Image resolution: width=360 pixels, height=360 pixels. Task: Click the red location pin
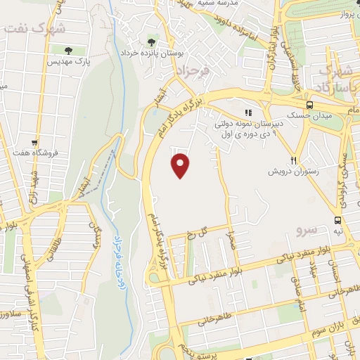pos(181,165)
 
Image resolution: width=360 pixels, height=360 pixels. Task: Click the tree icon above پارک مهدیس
pos(68,50)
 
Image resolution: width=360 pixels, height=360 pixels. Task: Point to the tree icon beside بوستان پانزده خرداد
pos(152,41)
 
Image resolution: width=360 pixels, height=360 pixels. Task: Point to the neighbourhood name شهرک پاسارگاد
pos(335,79)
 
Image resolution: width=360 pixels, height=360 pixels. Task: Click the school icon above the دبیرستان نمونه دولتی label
pos(247,112)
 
